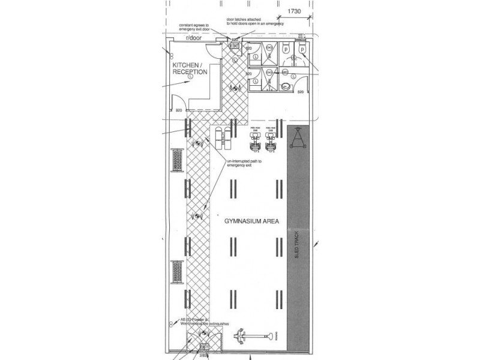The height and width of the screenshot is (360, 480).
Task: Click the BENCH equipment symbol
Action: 223,136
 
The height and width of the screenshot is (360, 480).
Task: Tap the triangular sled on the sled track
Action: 298,140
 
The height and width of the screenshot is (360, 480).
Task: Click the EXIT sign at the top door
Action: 235,46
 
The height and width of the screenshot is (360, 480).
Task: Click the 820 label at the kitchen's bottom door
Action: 179,110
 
